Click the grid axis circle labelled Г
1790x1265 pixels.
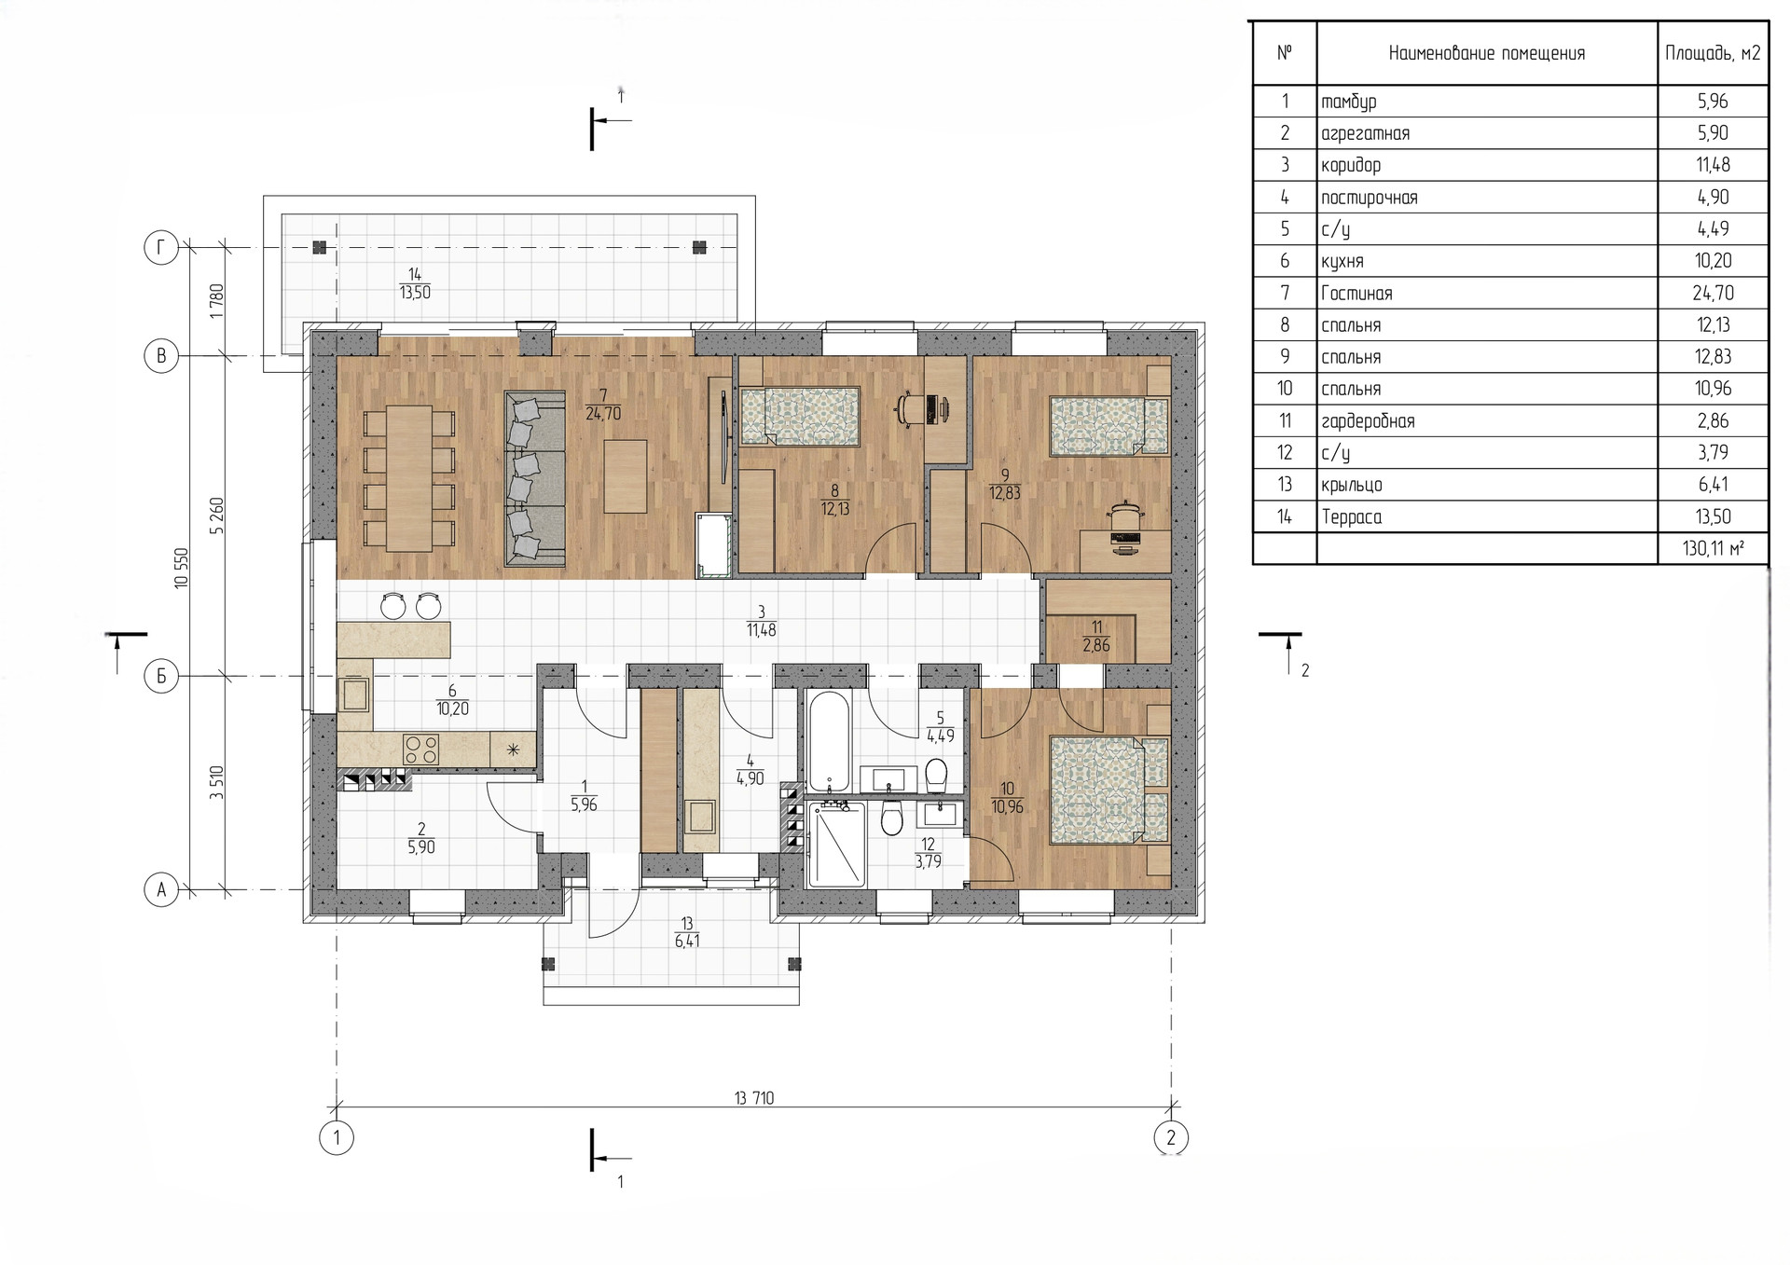(161, 248)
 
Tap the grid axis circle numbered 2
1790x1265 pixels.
(1171, 1137)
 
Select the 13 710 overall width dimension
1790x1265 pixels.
(754, 1098)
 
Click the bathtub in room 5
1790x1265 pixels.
(828, 742)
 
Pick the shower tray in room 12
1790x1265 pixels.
(837, 845)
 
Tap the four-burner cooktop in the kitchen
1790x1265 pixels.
(421, 749)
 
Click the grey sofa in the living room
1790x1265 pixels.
(535, 478)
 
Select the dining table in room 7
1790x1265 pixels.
(409, 478)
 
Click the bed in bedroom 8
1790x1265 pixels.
(800, 415)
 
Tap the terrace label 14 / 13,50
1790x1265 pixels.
(415, 283)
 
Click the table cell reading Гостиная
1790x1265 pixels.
(1356, 294)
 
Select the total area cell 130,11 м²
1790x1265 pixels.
(1713, 549)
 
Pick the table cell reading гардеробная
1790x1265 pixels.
(1368, 421)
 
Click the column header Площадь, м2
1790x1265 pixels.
(1713, 53)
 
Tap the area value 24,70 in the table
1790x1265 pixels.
(1714, 294)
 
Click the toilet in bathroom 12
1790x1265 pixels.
(892, 819)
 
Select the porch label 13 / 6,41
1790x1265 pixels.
(687, 933)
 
